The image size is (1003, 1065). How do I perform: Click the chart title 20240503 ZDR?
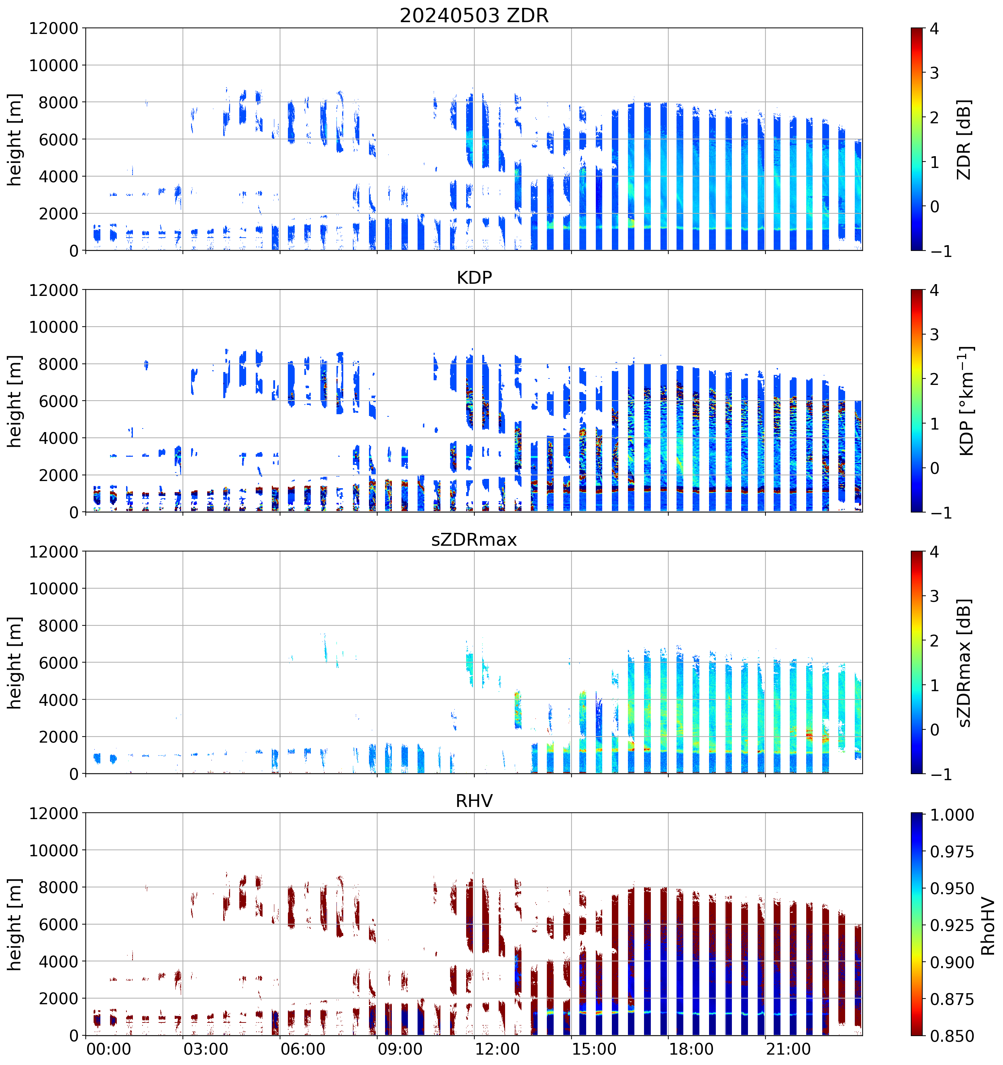coord(474,15)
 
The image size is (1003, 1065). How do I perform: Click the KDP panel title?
coord(474,277)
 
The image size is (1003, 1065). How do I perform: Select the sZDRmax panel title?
coord(474,539)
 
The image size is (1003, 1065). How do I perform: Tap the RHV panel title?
coord(474,801)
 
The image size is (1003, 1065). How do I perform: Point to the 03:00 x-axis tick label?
coord(206,1049)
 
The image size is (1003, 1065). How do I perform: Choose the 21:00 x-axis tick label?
coord(788,1049)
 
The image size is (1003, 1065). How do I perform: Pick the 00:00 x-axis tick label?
coord(108,1049)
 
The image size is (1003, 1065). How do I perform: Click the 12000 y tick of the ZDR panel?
coord(54,28)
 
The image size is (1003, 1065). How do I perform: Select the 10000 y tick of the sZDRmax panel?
coord(54,589)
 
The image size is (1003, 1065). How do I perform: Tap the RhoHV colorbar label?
coord(988,927)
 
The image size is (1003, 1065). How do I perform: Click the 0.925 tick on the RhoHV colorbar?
coord(952,925)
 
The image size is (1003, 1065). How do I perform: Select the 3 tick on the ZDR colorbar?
coord(934,73)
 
